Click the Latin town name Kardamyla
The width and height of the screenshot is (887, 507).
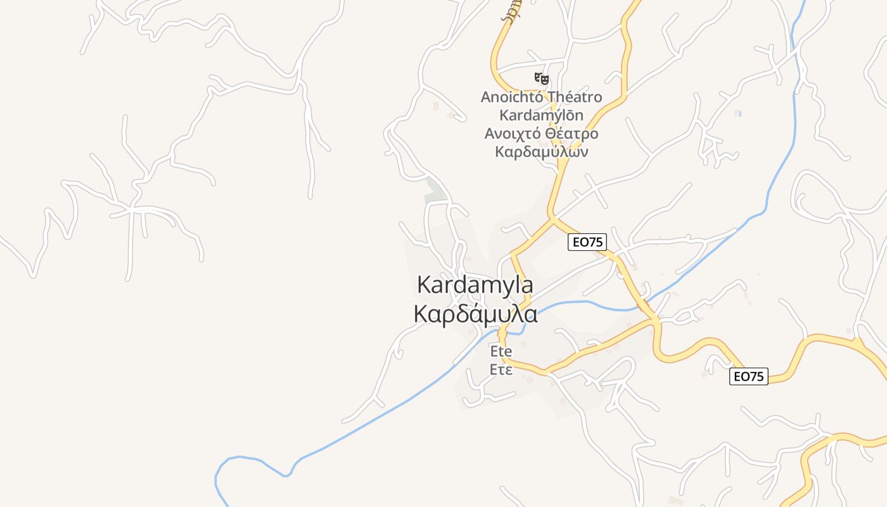475,285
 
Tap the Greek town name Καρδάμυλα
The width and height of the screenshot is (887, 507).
475,314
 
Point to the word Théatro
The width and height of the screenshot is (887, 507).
574,97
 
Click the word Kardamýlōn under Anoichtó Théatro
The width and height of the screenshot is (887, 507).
541,115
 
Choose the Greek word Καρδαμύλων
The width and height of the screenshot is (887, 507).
541,152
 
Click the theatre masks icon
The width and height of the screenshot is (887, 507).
541,79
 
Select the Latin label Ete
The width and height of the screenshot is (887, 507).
501,351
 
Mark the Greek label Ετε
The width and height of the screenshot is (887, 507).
501,369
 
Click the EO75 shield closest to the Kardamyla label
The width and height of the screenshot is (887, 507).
587,241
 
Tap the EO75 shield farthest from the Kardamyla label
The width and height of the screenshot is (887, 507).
748,376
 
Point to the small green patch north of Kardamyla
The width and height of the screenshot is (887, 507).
434,191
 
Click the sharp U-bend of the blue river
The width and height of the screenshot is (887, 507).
219,472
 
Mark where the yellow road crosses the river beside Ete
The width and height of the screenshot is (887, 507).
504,330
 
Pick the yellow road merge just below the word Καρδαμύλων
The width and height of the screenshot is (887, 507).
561,166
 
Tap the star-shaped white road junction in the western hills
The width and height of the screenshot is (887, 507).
132,207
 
